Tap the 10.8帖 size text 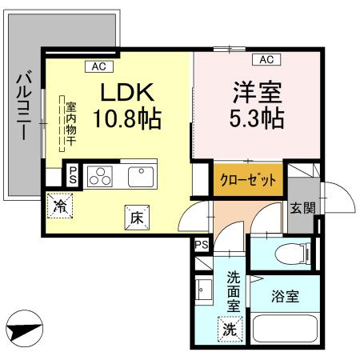pyautogui.click(x=126, y=120)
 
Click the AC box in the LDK pyautogui.click(x=99, y=66)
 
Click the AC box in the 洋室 pyautogui.click(x=266, y=59)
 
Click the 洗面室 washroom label pyautogui.click(x=233, y=291)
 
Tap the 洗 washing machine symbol pyautogui.click(x=230, y=327)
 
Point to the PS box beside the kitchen pyautogui.click(x=72, y=174)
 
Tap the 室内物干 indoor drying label pyautogui.click(x=70, y=123)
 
